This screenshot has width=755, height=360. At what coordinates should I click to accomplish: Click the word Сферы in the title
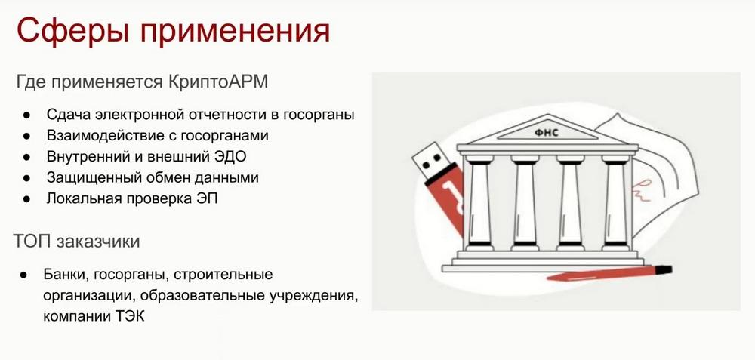tap(72, 32)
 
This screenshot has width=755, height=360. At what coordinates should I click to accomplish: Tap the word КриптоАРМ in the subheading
tap(218, 82)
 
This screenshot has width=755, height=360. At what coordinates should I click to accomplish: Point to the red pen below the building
tap(609, 273)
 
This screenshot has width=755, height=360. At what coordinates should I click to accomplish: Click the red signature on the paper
tap(644, 188)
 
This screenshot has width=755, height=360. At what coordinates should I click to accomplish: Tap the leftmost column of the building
tap(479, 204)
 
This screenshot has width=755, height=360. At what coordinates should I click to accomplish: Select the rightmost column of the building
tap(615, 204)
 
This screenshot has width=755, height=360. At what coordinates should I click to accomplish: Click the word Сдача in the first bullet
tap(68, 115)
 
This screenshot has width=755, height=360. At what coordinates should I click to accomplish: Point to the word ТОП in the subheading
tap(32, 242)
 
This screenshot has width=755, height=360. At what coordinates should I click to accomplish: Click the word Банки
tap(66, 275)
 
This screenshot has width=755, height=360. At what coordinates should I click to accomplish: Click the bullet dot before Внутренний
tap(27, 157)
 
